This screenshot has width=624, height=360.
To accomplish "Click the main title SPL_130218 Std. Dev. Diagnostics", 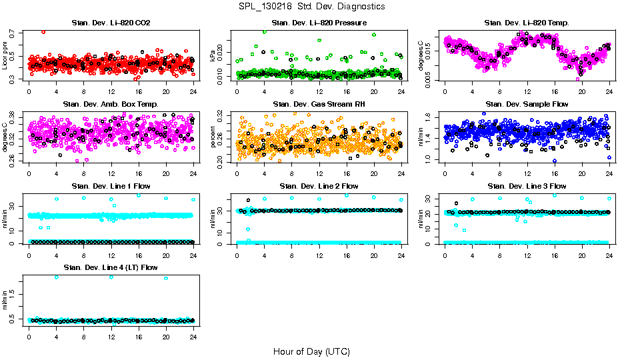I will (311, 6).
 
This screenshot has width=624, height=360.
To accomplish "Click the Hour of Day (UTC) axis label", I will (311, 351).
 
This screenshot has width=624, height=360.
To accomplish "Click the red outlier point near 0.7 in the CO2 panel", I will (43, 31).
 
